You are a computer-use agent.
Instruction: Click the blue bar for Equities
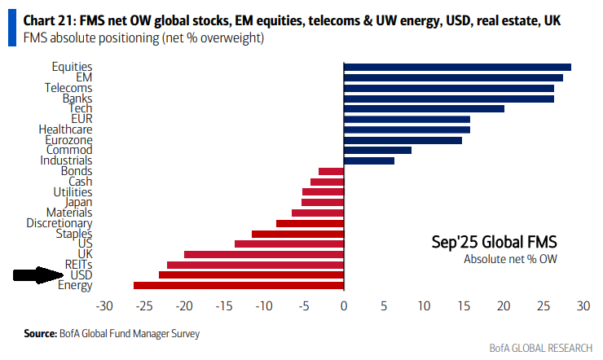[457, 67]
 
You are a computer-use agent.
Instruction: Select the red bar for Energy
[239, 285]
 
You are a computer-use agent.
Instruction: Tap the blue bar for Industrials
[369, 160]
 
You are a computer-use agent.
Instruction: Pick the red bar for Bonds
[331, 171]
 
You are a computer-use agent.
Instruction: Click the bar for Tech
[424, 108]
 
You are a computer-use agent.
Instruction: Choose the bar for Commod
[377, 150]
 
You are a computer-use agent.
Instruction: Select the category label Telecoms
[71, 88]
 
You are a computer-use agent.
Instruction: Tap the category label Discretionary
[59, 223]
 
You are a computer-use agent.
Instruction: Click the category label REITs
[77, 265]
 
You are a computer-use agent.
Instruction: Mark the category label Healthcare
[65, 130]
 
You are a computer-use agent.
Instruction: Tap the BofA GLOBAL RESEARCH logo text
[540, 349]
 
